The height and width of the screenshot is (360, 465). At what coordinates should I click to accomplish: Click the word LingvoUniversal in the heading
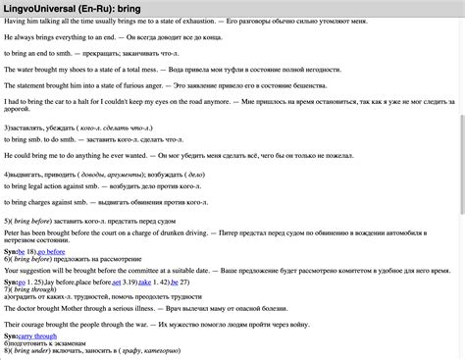tap(46, 8)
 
